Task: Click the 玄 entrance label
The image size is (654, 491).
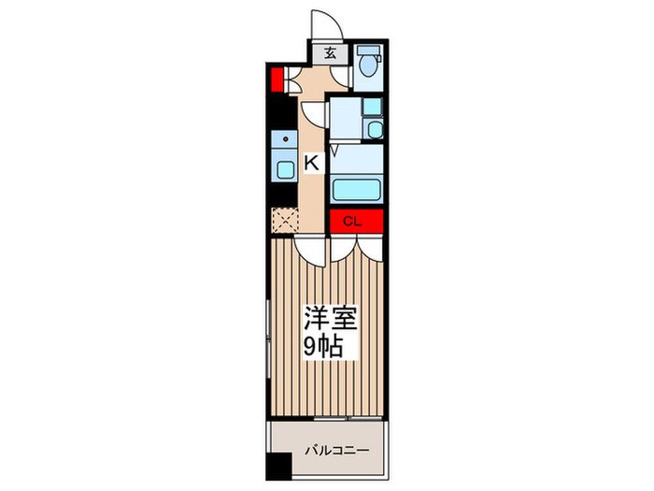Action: (332, 53)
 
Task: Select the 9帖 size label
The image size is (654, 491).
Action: (322, 348)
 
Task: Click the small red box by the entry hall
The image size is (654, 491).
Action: (277, 79)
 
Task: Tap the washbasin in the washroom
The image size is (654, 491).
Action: (373, 129)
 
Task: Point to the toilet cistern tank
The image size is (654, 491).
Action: (370, 51)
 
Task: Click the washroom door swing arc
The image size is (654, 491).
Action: (315, 113)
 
